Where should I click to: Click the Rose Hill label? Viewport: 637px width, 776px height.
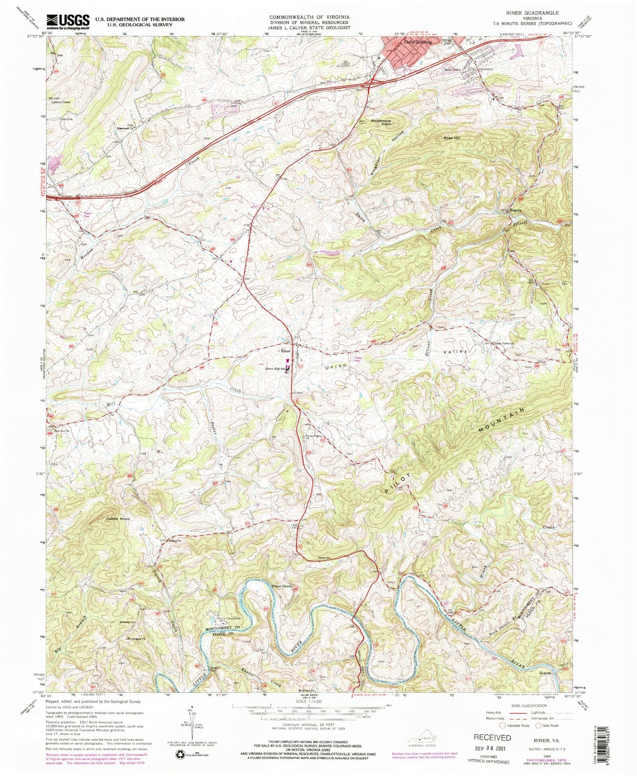[x=451, y=138]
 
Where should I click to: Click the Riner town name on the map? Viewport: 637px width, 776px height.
[x=286, y=352]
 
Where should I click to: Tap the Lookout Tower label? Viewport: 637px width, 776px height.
[x=60, y=102]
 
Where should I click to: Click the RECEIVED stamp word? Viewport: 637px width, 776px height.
[x=492, y=737]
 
